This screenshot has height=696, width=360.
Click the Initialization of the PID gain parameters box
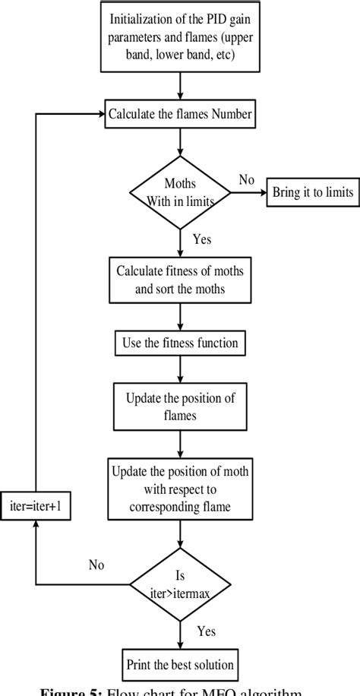click(x=180, y=36)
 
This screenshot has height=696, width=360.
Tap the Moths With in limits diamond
click(x=180, y=194)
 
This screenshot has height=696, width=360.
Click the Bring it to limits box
click(x=312, y=193)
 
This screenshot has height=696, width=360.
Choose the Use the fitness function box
click(x=180, y=343)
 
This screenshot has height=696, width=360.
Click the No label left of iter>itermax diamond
click(x=96, y=565)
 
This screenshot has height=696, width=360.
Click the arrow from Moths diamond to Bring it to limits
click(x=246, y=193)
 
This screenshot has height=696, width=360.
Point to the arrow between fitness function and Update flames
click(x=180, y=368)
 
